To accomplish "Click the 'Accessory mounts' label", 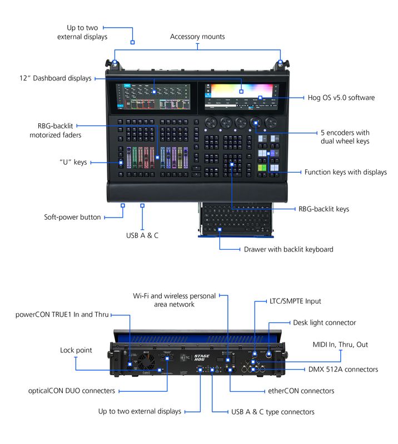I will pos(197,37).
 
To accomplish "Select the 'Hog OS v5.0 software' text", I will pos(341,98).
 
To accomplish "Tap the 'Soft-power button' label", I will pos(72,217).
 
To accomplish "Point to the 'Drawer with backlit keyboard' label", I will pos(288,249).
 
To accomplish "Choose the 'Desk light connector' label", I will pos(324,322).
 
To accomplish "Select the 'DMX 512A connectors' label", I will pos(343,369).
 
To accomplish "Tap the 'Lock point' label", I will pos(76,350).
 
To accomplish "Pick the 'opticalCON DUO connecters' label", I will pos(71,391).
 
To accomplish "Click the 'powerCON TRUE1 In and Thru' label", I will pos(62,315).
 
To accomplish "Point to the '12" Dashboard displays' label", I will pos(55,78).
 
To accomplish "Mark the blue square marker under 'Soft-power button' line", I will pos(122,205).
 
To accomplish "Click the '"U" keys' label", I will pos(73,163).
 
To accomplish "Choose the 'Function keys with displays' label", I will pos(345,172).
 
